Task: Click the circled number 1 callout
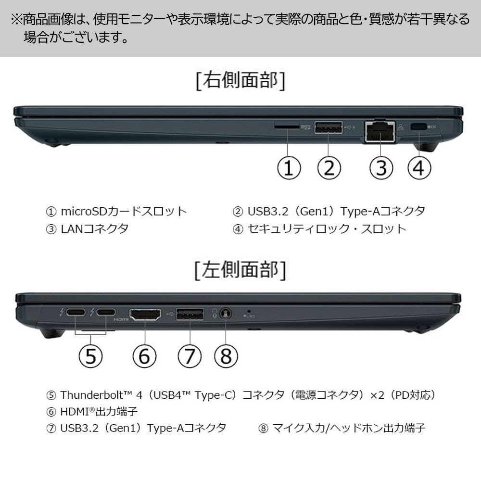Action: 289,168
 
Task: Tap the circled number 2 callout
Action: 329,168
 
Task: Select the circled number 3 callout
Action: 381,168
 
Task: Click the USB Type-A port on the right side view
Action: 329,127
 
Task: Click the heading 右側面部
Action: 240,81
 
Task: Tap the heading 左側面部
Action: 240,270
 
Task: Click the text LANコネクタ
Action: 94,228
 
